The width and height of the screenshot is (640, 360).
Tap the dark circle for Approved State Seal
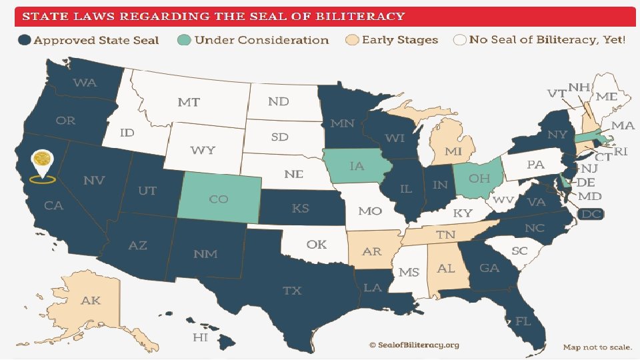(x=25, y=40)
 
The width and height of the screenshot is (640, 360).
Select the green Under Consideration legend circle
(x=185, y=40)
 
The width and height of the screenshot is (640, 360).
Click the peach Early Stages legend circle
(x=353, y=40)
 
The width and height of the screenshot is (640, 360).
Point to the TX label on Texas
(x=292, y=291)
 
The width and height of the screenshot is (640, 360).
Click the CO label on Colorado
(x=219, y=199)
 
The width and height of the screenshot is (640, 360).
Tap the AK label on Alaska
(x=91, y=301)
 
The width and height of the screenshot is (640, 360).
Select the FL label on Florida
(x=522, y=321)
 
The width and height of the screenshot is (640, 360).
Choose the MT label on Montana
(x=189, y=103)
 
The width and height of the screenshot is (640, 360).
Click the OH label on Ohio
(x=479, y=179)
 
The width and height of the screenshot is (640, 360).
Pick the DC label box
(x=591, y=214)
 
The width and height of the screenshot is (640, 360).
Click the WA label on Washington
(x=85, y=83)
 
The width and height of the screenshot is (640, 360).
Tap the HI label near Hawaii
(x=200, y=337)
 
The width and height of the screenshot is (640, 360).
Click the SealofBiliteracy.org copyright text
(x=414, y=345)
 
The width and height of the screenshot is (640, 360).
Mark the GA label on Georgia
(x=489, y=268)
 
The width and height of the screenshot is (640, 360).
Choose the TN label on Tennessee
(x=445, y=235)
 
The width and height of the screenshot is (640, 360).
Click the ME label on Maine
(x=607, y=97)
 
